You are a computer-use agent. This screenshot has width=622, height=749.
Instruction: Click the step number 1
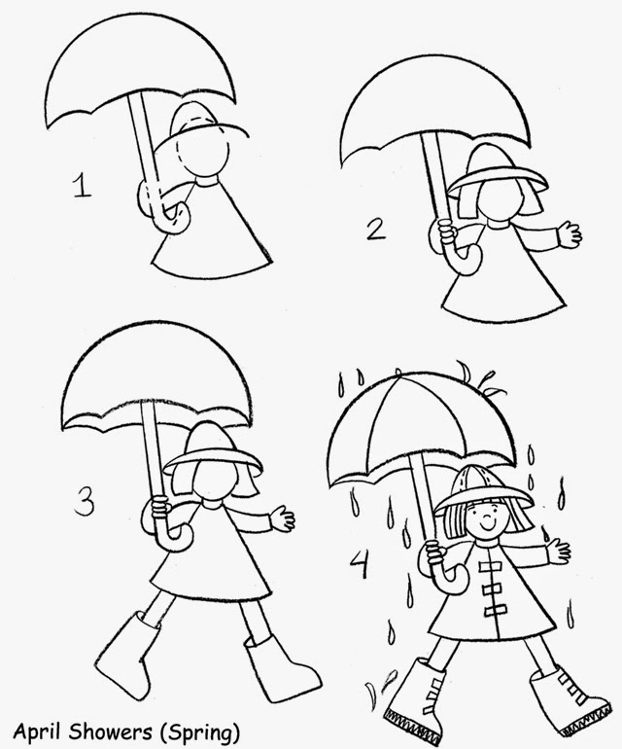(x=83, y=185)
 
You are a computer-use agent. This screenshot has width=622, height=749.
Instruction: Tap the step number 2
(x=375, y=230)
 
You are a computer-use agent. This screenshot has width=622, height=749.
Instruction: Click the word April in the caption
(x=36, y=728)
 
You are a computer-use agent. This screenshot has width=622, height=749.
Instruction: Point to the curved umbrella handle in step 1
(x=160, y=209)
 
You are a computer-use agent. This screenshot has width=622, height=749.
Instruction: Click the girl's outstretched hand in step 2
(x=569, y=234)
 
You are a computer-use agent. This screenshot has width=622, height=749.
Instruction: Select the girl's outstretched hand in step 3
(x=283, y=517)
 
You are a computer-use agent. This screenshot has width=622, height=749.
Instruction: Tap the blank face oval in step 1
(x=207, y=156)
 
